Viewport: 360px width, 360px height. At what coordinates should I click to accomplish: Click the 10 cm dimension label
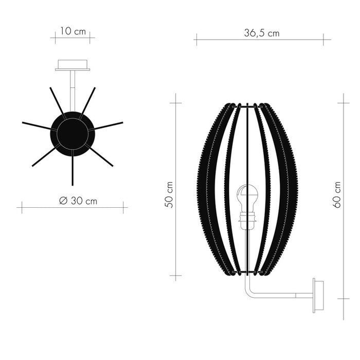pyautogui.click(x=73, y=31)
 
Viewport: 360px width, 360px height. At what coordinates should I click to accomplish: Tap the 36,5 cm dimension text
pyautogui.click(x=262, y=33)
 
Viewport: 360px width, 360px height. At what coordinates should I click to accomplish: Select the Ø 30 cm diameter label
pyautogui.click(x=78, y=201)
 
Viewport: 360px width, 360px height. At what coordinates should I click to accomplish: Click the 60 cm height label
pyautogui.click(x=337, y=194)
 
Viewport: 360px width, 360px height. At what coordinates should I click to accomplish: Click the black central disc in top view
pyautogui.click(x=73, y=133)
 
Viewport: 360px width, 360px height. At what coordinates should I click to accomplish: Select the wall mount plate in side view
pyautogui.click(x=318, y=296)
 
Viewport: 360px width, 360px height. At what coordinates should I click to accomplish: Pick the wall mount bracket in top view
pyautogui.click(x=73, y=65)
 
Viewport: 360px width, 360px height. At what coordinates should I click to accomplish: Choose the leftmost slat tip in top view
pyautogui.click(x=24, y=123)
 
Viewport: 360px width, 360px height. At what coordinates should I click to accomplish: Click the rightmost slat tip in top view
pyautogui.click(x=122, y=123)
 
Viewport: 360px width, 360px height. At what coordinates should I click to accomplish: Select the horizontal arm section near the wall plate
pyautogui.click(x=288, y=296)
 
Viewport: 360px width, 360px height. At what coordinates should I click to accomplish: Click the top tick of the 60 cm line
pyautogui.click(x=343, y=103)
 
